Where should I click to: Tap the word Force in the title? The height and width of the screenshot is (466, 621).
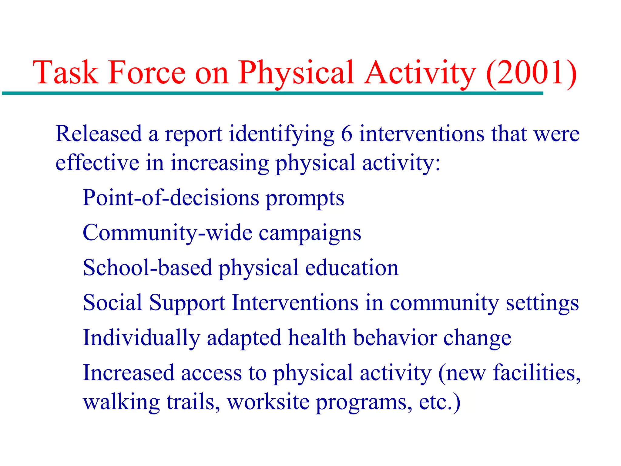(x=147, y=73)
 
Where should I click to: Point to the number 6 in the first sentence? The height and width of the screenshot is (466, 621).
(x=346, y=134)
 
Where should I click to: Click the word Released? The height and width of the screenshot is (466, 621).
(x=99, y=134)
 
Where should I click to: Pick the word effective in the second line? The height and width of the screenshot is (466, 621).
(x=97, y=163)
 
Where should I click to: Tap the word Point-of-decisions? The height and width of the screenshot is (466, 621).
(x=171, y=198)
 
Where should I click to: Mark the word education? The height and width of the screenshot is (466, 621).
(x=352, y=268)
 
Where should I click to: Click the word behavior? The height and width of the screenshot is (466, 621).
(x=395, y=338)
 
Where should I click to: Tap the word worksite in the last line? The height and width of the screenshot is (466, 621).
(x=268, y=402)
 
